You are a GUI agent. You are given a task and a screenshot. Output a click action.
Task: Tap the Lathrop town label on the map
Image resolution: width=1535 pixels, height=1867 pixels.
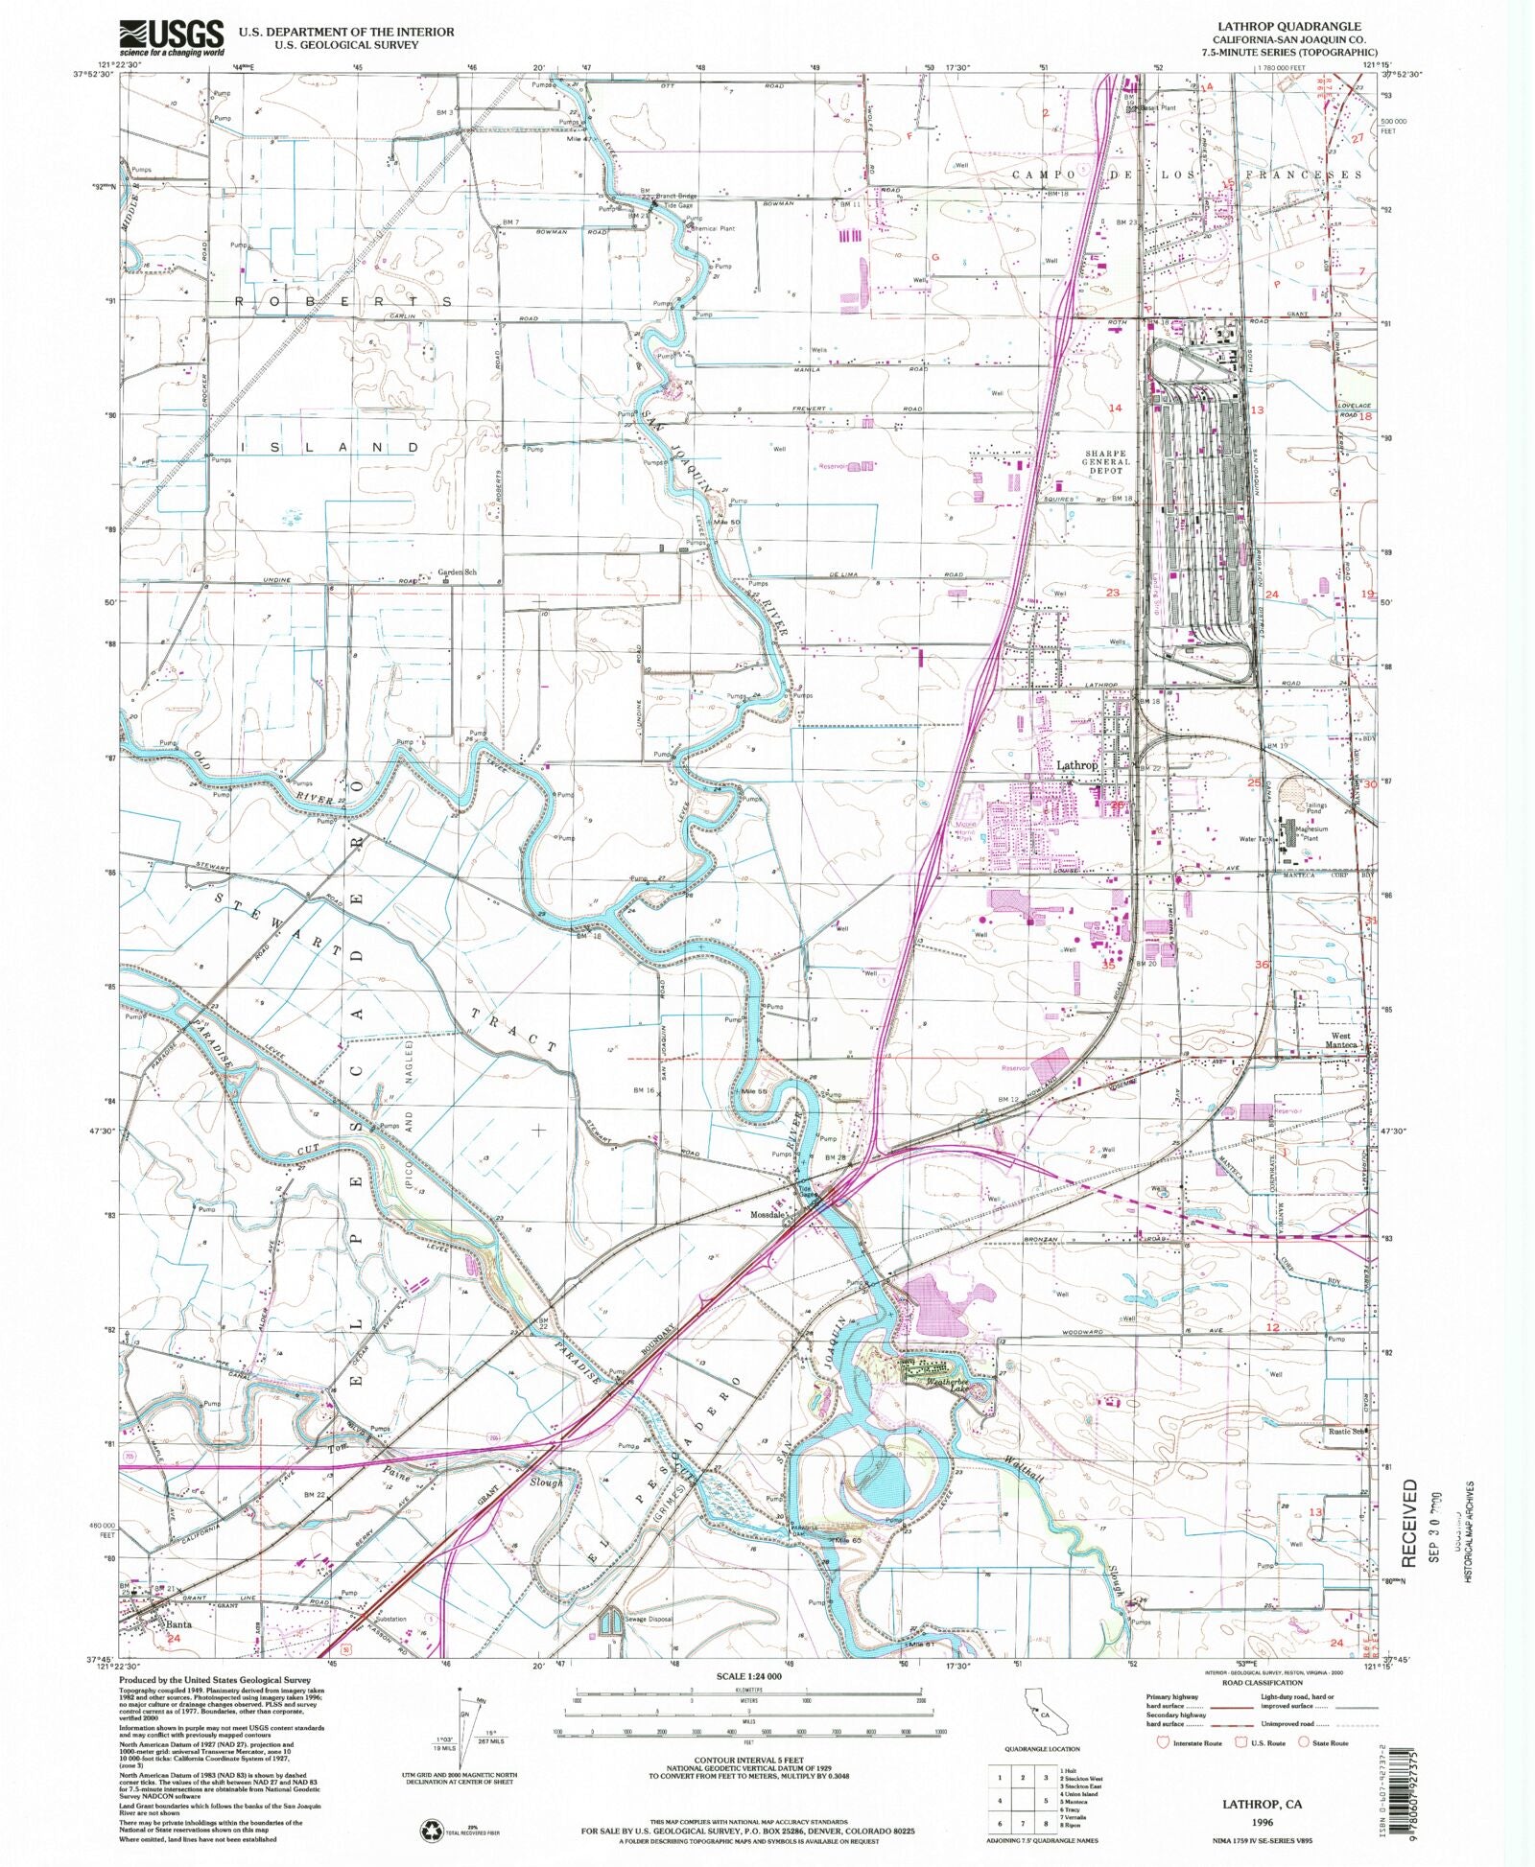(1076, 766)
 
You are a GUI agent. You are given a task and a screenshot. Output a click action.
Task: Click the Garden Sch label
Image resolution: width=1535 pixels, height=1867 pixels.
(457, 573)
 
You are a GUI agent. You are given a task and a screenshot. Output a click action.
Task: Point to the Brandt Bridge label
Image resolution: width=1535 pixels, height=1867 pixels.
(677, 197)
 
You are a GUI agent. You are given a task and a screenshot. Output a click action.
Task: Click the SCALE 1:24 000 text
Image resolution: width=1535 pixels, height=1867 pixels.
(748, 1675)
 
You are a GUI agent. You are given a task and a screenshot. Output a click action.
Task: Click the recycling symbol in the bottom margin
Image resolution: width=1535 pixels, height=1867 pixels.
(429, 1831)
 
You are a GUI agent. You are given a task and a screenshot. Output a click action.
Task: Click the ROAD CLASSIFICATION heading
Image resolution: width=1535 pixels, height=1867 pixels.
(1263, 1682)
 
